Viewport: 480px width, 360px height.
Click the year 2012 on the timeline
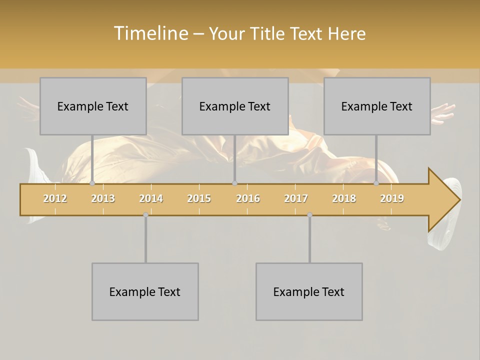(55, 198)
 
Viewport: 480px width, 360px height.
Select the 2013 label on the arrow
(103, 198)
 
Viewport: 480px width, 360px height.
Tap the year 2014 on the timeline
(151, 198)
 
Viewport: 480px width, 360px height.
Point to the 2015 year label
(199, 198)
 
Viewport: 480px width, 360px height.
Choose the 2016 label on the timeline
(248, 198)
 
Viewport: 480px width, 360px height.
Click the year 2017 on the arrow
(296, 198)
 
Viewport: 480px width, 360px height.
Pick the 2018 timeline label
(344, 198)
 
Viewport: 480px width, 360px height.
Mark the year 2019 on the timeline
(392, 198)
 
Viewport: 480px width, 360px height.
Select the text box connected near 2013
(93, 106)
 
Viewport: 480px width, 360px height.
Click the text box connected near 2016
(235, 106)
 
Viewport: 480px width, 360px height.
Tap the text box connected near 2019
(377, 106)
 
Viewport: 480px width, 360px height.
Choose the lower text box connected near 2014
(145, 291)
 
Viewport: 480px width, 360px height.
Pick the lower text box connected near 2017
(309, 291)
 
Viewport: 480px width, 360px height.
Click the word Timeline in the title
(150, 33)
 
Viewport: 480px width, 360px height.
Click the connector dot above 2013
(92, 183)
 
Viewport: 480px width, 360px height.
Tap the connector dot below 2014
(145, 214)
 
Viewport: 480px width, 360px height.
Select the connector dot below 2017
(309, 214)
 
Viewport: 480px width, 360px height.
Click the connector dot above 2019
(376, 183)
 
